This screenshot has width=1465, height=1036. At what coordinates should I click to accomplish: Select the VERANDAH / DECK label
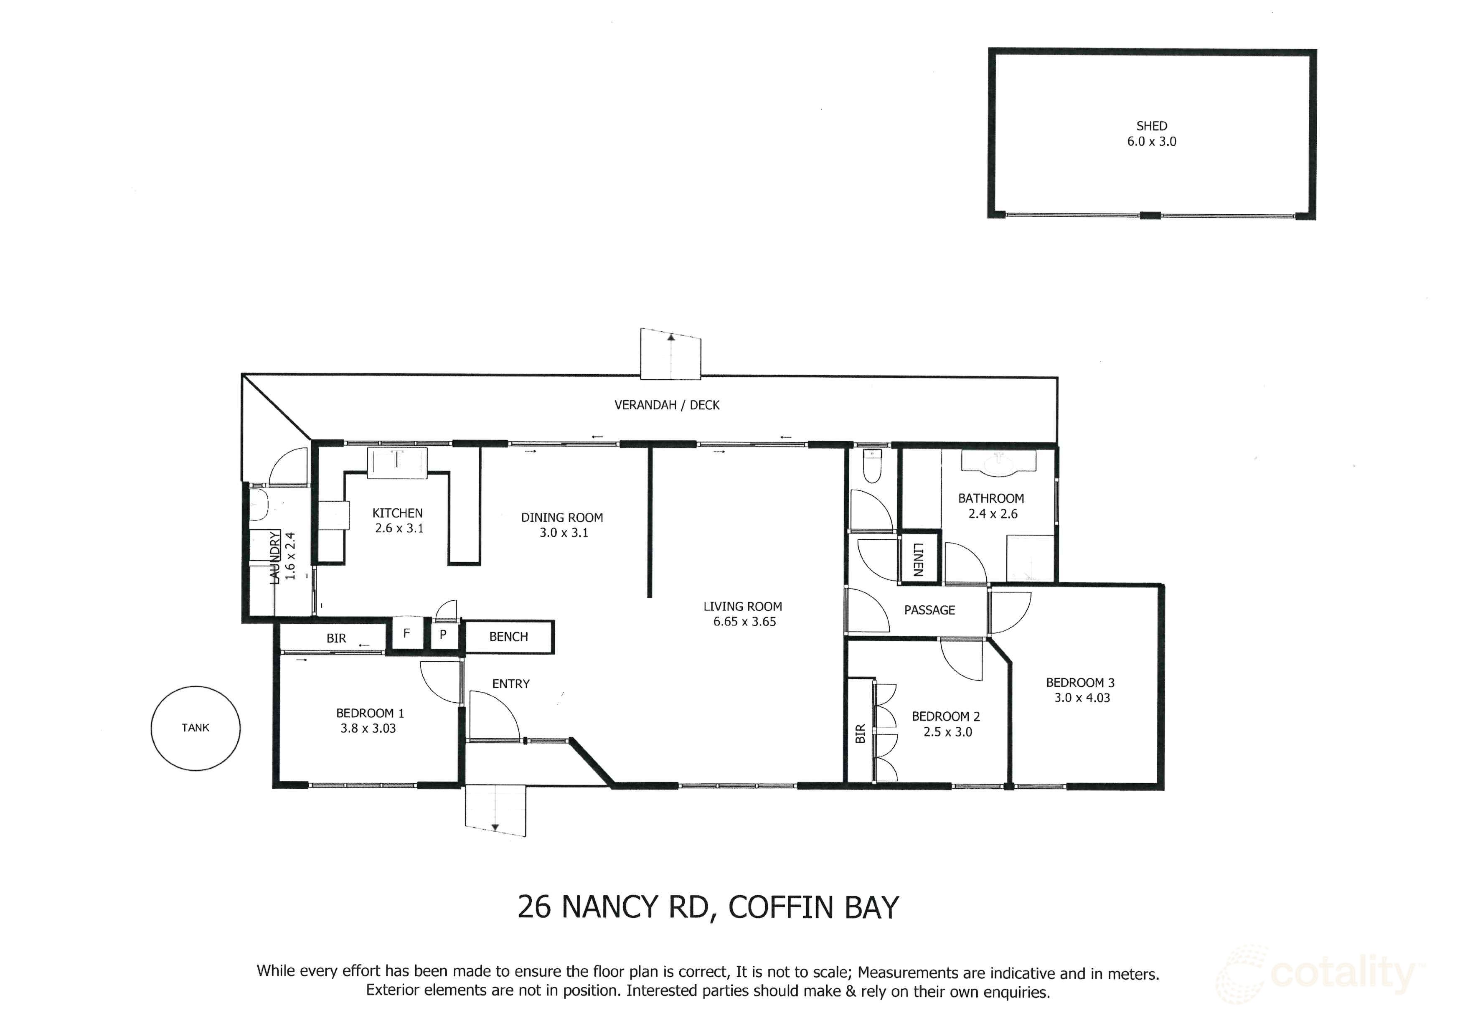click(x=667, y=405)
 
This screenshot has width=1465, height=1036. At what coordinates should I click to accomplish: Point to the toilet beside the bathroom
click(x=871, y=466)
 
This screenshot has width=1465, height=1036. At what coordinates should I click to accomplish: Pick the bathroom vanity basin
click(x=998, y=462)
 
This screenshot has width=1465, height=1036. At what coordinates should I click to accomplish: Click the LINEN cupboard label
click(x=918, y=559)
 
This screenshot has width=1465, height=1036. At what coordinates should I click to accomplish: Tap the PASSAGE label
click(x=929, y=610)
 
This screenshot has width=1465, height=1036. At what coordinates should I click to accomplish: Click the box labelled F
click(x=406, y=633)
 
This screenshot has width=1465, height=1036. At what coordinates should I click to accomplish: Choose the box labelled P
click(x=443, y=635)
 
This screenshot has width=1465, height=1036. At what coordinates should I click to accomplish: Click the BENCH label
click(x=508, y=637)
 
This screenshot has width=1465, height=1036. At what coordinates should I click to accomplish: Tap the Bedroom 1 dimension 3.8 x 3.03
click(x=368, y=729)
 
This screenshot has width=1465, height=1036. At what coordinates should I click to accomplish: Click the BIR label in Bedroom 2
click(x=860, y=734)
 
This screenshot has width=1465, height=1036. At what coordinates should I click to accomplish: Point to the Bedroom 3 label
click(x=1080, y=683)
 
